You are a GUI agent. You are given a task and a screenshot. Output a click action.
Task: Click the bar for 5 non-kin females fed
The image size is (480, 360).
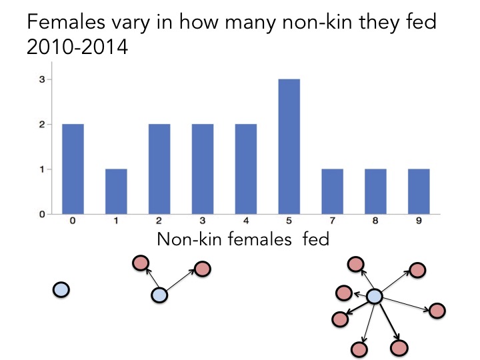[289, 147]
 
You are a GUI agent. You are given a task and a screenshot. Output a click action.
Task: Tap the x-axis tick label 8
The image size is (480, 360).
[375, 221]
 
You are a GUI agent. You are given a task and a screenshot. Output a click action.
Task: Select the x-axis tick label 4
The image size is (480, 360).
[246, 221]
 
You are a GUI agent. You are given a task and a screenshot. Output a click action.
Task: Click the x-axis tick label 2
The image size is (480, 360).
[159, 221]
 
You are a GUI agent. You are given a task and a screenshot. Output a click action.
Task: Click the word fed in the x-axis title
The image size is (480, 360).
[315, 238]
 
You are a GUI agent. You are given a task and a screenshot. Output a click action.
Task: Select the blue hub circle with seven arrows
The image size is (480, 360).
[375, 296]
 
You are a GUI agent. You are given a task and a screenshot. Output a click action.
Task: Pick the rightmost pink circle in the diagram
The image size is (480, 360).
[437, 310]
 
